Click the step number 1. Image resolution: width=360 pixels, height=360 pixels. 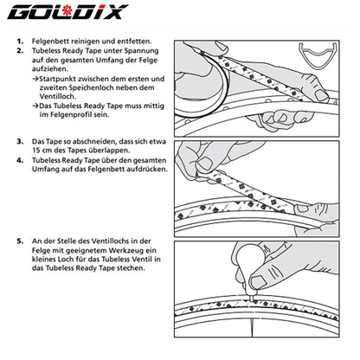pos(20,41)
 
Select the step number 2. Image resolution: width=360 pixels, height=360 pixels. pos(20,50)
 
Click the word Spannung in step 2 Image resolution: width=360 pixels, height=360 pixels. pos(141,50)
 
